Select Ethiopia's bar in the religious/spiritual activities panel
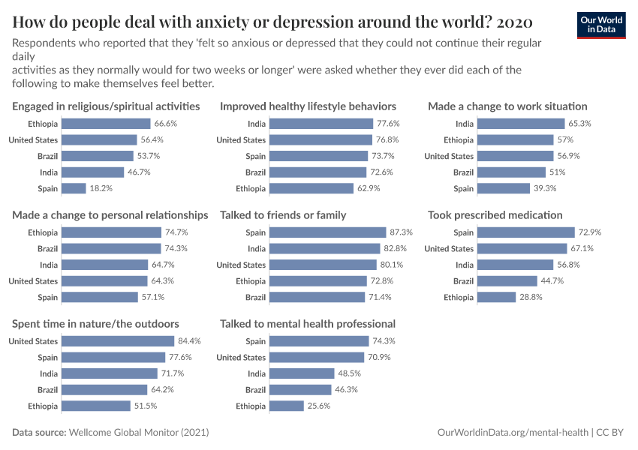[106, 124]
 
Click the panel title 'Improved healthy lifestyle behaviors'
[308, 106]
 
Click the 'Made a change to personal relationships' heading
[110, 215]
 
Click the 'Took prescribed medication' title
[495, 215]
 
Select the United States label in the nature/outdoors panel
[33, 341]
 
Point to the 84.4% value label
[188, 341]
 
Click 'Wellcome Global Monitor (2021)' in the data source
[140, 433]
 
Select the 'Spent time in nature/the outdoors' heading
[95, 324]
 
